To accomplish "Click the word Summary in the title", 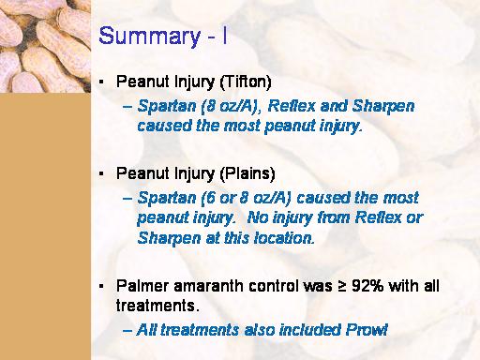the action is pyautogui.click(x=149, y=37).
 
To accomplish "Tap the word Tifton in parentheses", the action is pyautogui.click(x=246, y=82).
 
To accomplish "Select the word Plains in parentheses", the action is pyautogui.click(x=247, y=173).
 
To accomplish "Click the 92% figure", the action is pyautogui.click(x=367, y=286).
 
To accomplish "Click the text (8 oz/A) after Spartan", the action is pyautogui.click(x=232, y=106).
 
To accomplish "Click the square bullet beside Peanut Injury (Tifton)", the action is pyautogui.click(x=101, y=82).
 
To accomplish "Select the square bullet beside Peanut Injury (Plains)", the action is pyautogui.click(x=101, y=173).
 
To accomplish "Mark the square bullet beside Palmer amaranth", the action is pyautogui.click(x=101, y=286).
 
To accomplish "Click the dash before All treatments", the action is pyautogui.click(x=127, y=331).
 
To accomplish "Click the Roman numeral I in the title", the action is pyautogui.click(x=225, y=36).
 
